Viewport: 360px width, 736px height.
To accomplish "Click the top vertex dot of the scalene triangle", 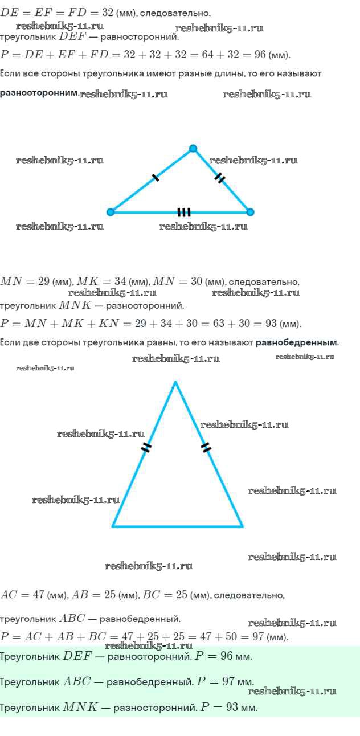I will (193, 149).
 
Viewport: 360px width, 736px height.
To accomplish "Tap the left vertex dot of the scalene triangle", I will (111, 212).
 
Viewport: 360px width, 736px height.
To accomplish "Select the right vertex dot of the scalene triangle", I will (250, 212).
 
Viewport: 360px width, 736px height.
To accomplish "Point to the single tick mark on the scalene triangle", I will (156, 178).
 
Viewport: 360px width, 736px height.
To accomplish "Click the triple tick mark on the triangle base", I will (183, 212).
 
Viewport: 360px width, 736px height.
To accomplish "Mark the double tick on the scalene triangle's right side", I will (220, 179).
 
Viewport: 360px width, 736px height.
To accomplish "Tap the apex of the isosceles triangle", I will (175, 382).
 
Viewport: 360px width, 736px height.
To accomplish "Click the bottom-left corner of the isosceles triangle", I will (113, 526).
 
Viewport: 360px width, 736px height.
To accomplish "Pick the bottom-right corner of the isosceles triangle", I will (243, 526).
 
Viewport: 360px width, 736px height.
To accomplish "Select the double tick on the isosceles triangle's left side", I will (146, 447).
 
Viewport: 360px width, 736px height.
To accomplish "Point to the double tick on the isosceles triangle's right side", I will (206, 447).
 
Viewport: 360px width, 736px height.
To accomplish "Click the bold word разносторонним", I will (39, 92).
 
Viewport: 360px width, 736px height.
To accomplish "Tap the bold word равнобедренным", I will (296, 342).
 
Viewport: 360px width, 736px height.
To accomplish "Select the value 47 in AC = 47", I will (39, 595).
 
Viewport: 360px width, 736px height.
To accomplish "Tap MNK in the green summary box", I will (80, 708).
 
